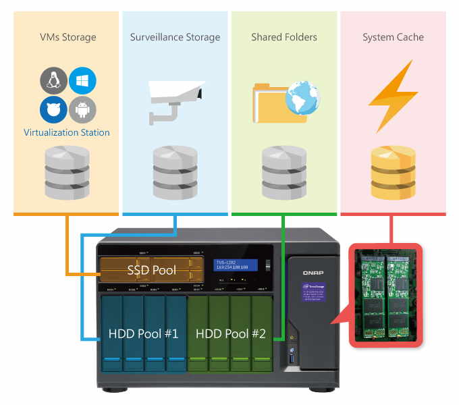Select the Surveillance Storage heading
pos(175,37)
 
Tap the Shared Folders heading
pos(283,37)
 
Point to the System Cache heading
pos(393,37)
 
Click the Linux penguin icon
pos(53,81)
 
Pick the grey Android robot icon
pos(82,108)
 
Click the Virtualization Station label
pos(66,132)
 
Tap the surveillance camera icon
pos(174,98)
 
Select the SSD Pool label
pos(151,271)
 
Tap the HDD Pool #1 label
pos(143,333)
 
